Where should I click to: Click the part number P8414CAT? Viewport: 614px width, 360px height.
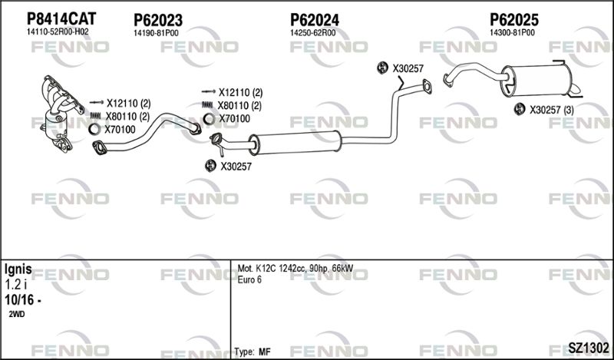[x=61, y=18]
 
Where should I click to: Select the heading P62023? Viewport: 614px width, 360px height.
[x=158, y=20]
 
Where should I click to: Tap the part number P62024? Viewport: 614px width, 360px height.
[x=315, y=20]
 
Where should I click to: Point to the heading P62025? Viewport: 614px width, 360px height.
[x=514, y=20]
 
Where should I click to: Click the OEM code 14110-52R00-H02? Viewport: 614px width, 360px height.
[x=58, y=32]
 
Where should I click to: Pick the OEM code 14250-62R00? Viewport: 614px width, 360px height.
[x=312, y=33]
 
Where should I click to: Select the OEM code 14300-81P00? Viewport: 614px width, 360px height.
[x=512, y=33]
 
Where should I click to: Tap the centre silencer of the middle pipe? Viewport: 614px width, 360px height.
[x=295, y=142]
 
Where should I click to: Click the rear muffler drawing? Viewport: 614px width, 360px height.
[x=536, y=81]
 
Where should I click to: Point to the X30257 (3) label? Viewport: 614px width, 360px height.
[x=551, y=111]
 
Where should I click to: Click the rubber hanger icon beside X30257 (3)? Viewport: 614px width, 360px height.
[x=520, y=109]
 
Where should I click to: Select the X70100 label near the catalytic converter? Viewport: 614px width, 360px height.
[x=120, y=130]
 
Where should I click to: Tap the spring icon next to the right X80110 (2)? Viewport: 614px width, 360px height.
[x=208, y=105]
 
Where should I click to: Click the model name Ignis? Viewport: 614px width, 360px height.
[x=18, y=269]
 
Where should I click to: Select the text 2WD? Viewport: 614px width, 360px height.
[x=16, y=314]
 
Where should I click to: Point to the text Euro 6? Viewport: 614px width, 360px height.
[x=249, y=279]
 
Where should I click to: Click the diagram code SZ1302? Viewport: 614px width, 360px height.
[x=589, y=348]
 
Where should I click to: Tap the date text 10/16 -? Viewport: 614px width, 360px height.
[x=23, y=300]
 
